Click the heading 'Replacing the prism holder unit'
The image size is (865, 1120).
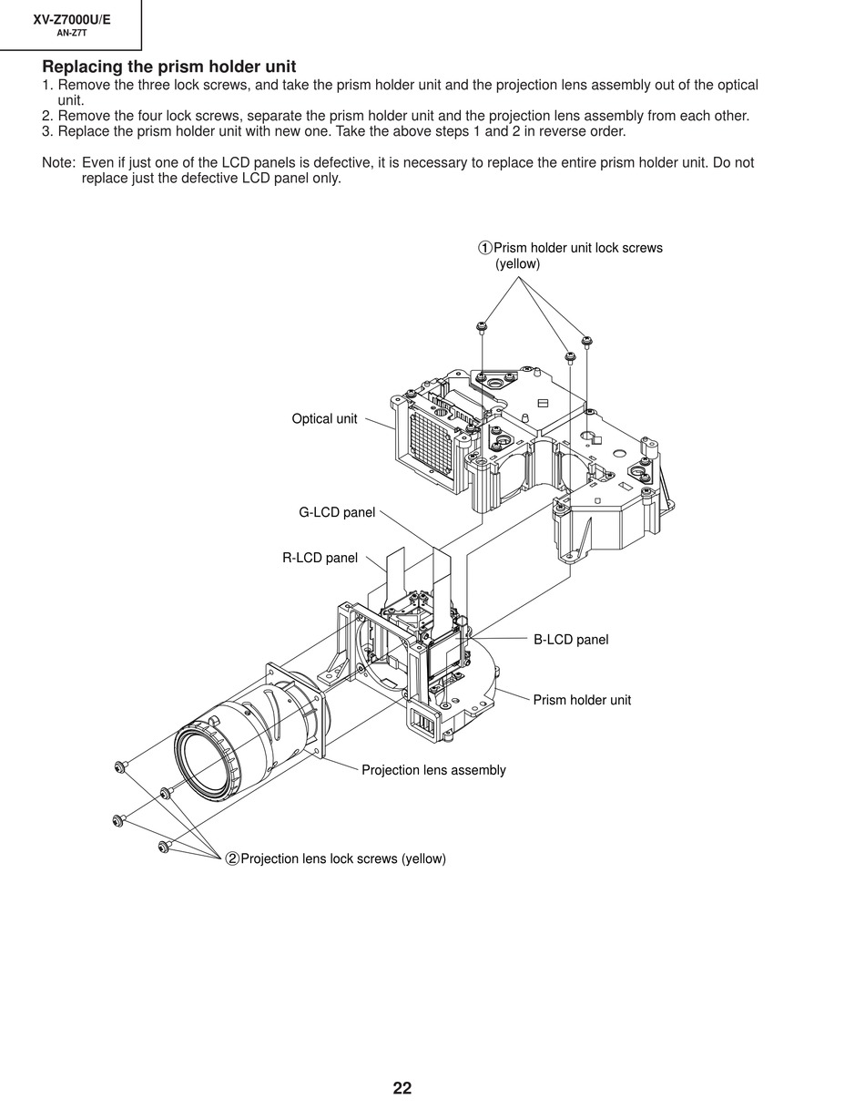168,67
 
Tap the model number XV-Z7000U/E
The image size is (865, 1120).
72,19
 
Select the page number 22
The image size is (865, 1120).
402,1088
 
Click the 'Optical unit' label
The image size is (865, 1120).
324,419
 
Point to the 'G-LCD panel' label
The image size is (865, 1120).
337,513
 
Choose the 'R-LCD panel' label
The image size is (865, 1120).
320,559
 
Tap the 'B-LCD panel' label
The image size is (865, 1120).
571,640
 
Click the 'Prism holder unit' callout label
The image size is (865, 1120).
582,700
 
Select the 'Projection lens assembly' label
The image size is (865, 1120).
433,770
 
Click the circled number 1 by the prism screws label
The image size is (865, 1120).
485,248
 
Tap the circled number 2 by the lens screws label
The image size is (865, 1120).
232,858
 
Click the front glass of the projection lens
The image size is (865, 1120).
206,760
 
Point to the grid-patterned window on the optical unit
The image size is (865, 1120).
432,442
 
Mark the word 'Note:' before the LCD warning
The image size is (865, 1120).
58,163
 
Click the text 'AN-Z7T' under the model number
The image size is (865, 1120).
72,33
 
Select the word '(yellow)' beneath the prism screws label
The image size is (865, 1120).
517,264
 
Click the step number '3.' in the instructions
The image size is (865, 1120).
48,131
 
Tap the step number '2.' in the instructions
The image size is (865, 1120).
48,116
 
